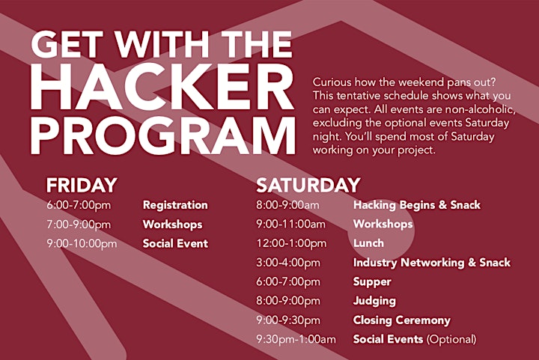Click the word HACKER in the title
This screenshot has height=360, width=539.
tap(162, 87)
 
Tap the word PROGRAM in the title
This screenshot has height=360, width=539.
tap(163, 135)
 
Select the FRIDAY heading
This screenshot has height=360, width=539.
tap(82, 185)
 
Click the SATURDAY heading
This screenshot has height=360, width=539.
tap(308, 185)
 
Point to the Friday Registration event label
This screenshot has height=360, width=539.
tap(175, 205)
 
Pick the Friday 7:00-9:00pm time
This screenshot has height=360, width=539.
tap(79, 225)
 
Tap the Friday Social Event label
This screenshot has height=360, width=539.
tap(175, 243)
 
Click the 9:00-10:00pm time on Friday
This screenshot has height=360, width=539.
tap(82, 243)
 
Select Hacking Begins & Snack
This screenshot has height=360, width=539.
tap(417, 205)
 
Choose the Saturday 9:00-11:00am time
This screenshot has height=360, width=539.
tap(290, 225)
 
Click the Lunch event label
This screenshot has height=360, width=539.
tap(368, 243)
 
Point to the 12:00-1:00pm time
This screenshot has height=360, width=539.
tap(291, 243)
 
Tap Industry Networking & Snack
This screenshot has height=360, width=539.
tap(432, 263)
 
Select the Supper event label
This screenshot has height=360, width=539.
tap(372, 282)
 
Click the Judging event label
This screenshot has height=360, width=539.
tap(374, 302)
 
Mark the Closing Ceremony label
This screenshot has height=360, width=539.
tap(402, 320)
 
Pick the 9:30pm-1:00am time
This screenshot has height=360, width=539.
tap(296, 339)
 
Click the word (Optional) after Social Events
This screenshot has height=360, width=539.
tap(451, 339)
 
